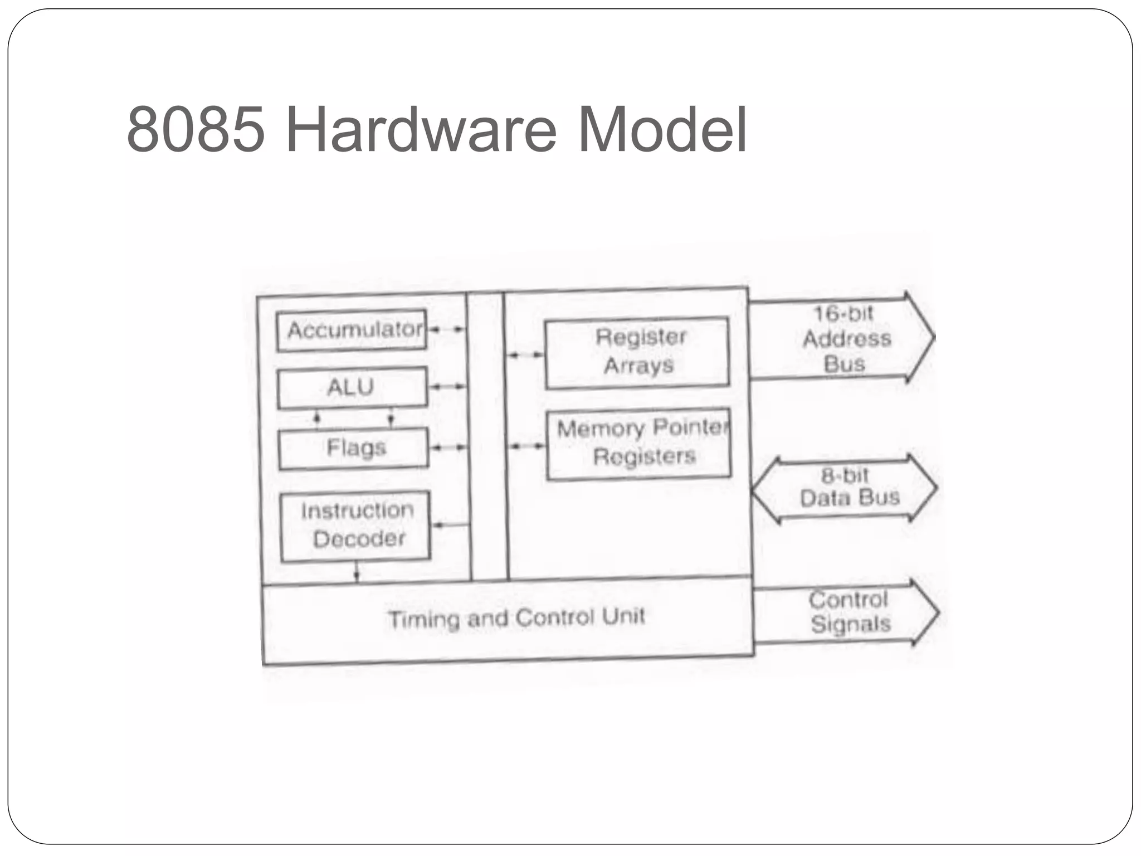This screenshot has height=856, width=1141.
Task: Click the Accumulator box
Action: pos(352,330)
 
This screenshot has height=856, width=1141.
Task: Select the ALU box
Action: pos(352,387)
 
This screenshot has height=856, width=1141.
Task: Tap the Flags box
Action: pos(354,448)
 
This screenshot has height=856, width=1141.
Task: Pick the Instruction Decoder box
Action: pos(355,526)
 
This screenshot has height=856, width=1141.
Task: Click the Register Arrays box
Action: pos(637,352)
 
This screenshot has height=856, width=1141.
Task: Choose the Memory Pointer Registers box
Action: pos(639,444)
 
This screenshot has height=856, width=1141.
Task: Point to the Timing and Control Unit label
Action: pos(516,618)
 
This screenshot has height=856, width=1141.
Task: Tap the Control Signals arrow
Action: pos(847,612)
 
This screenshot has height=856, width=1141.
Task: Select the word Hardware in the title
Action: pos(421,130)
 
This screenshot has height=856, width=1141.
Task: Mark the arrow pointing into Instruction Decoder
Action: pos(451,524)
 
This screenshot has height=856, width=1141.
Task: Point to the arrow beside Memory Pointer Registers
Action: pos(527,446)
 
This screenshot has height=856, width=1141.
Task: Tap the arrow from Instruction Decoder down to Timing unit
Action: pos(357,572)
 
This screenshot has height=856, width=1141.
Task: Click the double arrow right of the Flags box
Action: pos(448,447)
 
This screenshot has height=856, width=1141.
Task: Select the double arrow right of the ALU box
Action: pos(448,386)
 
